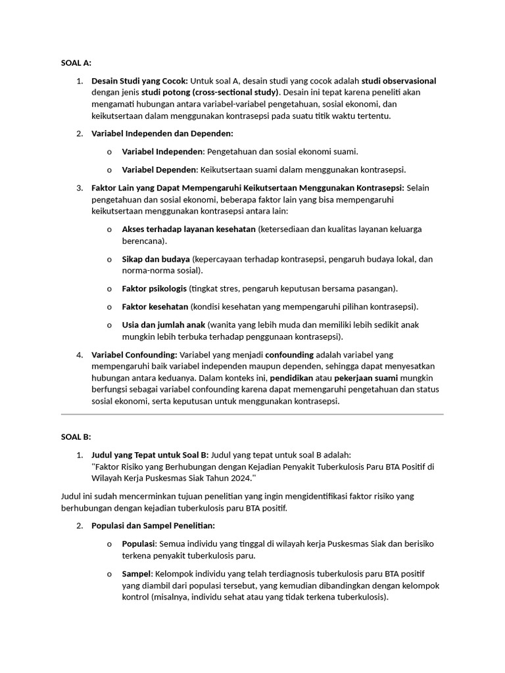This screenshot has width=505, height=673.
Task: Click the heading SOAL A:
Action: click(x=76, y=63)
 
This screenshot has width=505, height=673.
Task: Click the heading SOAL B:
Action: click(x=76, y=436)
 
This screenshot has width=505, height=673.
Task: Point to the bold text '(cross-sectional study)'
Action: click(x=227, y=92)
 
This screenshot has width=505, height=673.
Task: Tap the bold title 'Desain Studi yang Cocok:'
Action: click(x=139, y=81)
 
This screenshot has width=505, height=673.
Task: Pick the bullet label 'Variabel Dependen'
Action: click(x=159, y=170)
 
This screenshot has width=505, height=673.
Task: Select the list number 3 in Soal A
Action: click(x=79, y=188)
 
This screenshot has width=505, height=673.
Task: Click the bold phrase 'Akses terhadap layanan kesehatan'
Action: click(x=189, y=229)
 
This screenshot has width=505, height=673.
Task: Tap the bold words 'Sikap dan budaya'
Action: click(x=156, y=259)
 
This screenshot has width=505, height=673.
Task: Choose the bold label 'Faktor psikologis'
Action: click(x=155, y=289)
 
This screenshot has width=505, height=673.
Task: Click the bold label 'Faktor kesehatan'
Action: click(x=155, y=306)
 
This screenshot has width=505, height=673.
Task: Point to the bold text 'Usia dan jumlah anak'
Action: click(x=164, y=325)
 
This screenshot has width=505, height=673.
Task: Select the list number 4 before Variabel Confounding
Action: click(x=79, y=355)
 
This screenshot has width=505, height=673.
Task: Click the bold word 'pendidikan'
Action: click(x=291, y=379)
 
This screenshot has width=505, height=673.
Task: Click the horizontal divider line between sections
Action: click(x=252, y=415)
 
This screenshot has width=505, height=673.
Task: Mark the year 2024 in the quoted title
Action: click(x=241, y=478)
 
